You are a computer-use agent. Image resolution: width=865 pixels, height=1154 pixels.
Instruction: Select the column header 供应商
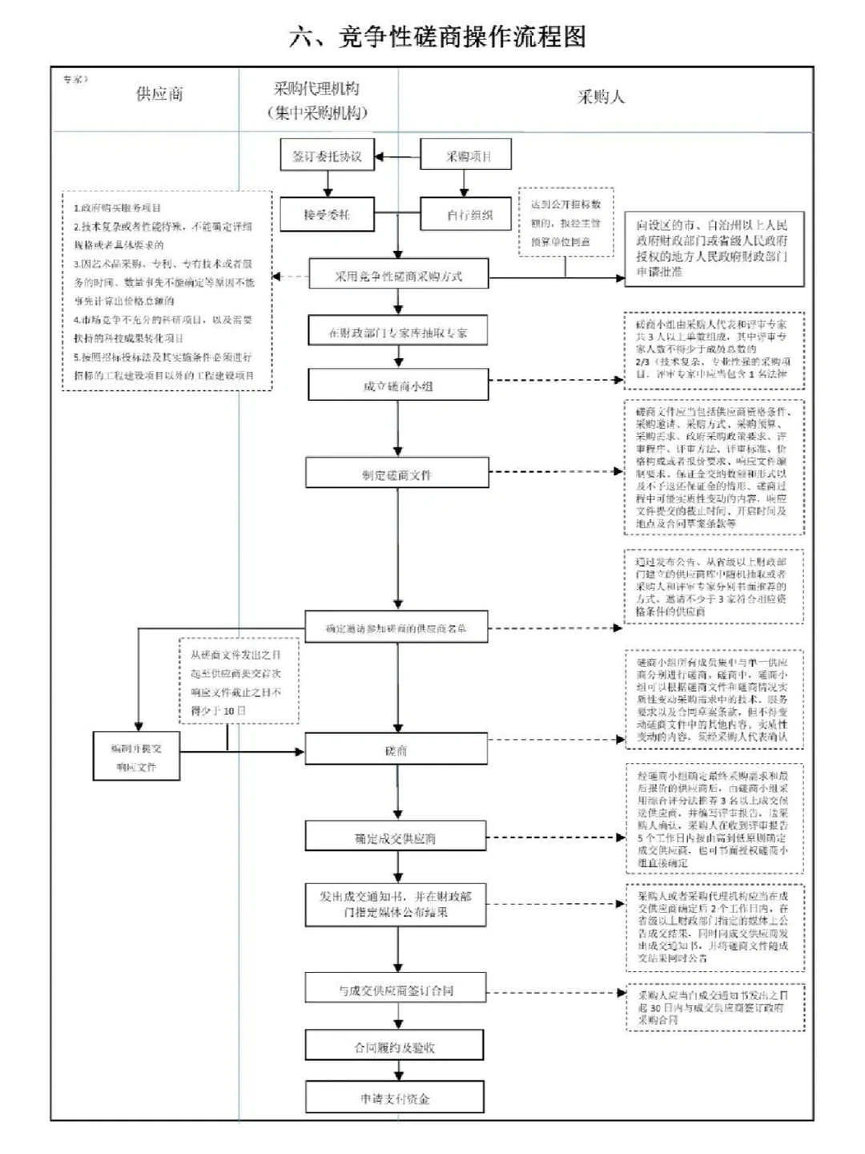click(159, 94)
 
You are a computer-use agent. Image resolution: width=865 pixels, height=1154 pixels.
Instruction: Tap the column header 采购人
click(601, 97)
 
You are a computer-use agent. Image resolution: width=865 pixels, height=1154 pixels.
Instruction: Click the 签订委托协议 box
click(327, 156)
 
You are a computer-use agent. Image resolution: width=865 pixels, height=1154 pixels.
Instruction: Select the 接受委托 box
click(327, 215)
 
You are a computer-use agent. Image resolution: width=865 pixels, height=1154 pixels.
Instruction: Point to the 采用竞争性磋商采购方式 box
click(398, 276)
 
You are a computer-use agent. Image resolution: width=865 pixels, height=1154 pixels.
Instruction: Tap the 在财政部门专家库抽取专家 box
click(398, 332)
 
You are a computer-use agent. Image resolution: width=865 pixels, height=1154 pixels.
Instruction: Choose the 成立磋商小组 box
click(398, 385)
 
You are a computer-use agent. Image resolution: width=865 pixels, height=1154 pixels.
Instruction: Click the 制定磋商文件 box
click(396, 474)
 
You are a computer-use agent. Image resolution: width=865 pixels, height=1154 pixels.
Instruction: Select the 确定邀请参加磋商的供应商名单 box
click(396, 629)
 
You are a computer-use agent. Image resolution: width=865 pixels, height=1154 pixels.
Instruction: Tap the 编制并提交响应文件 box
click(136, 757)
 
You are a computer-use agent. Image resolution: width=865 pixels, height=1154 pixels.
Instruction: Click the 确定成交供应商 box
click(396, 838)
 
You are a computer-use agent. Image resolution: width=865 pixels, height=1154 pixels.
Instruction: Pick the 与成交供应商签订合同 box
click(396, 991)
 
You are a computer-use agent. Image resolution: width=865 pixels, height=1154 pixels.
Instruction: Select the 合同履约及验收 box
click(394, 1047)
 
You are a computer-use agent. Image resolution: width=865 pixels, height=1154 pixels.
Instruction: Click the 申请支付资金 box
click(394, 1098)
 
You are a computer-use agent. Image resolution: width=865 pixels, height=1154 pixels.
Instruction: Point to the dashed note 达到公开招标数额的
click(565, 223)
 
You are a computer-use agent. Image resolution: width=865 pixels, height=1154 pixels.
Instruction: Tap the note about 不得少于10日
click(238, 682)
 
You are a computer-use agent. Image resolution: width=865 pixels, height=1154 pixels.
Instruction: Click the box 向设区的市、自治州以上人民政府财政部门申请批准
click(714, 249)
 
